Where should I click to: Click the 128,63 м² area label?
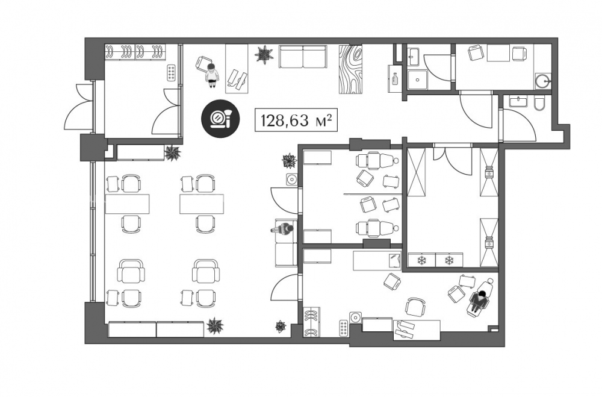296,120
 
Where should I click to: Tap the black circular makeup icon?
221,118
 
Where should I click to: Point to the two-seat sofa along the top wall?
303,57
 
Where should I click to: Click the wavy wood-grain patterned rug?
351,69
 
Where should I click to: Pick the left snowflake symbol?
421,260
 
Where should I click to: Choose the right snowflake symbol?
449,260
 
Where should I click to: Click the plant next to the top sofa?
264,54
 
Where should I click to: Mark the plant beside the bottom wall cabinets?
215,326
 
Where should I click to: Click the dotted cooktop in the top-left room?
171,73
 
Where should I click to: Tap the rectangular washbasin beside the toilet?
519,101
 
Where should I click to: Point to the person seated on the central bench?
284,230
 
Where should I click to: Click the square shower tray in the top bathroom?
417,80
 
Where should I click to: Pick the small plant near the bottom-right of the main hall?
281,327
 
